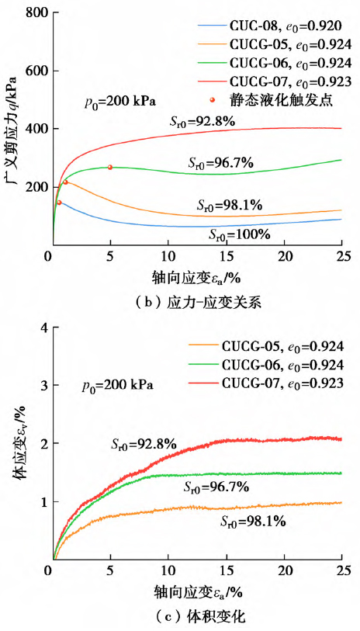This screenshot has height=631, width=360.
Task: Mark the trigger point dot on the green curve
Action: pyautogui.click(x=110, y=167)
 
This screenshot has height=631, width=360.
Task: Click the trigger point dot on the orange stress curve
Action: pyautogui.click(x=65, y=182)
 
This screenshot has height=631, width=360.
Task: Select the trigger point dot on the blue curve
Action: pyautogui.click(x=59, y=203)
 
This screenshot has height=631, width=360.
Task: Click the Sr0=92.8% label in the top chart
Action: pyautogui.click(x=202, y=121)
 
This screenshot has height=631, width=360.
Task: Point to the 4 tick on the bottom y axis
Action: pyautogui.click(x=41, y=328)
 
